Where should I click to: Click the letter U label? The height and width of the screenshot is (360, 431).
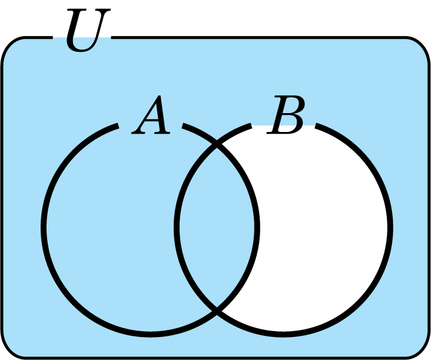[88, 29]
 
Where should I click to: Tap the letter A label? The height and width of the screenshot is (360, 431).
[151, 115]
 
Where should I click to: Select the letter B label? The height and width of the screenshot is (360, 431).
[286, 115]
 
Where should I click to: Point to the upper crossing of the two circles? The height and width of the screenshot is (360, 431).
[217, 145]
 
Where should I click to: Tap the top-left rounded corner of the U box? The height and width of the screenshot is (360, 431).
[9, 45]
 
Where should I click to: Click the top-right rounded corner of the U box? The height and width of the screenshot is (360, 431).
[422, 45]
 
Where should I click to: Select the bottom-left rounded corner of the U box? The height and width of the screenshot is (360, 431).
[9, 350]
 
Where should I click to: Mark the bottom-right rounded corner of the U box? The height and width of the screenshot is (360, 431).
[422, 350]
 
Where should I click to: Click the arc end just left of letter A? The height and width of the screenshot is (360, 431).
[118, 125]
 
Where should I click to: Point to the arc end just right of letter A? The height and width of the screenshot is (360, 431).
[183, 125]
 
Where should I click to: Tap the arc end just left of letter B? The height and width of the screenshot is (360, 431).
[251, 125]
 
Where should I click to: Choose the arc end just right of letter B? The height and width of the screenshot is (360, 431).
[316, 125]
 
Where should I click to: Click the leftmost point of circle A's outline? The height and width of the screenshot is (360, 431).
[44, 227]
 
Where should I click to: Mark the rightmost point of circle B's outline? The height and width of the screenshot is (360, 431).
[390, 227]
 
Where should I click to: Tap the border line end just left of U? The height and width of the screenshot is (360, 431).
[52, 37]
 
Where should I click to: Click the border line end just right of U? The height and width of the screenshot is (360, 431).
[112, 37]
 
